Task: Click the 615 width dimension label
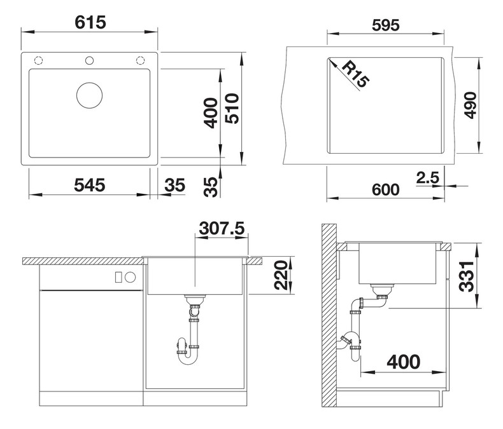tap(90, 22)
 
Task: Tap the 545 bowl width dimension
tap(90, 185)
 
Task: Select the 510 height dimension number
tap(232, 109)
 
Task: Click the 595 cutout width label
tap(386, 25)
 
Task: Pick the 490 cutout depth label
tap(471, 106)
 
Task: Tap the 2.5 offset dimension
tap(428, 178)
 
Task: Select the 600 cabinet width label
tap(386, 189)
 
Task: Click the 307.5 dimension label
tap(222, 229)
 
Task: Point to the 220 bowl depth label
tap(281, 275)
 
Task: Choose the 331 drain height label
tap(467, 276)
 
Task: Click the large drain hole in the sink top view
tap(90, 95)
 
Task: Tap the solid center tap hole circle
tap(89, 60)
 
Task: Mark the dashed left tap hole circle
tap(38, 60)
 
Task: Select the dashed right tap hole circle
tap(140, 60)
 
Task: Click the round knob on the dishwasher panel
tap(131, 277)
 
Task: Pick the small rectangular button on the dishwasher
tap(118, 277)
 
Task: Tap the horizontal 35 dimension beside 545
tap(175, 185)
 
